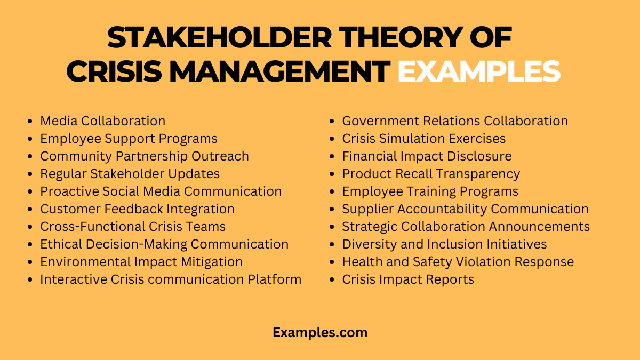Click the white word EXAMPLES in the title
[478, 71]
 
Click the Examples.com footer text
[320, 332]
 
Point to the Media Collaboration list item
[103, 121]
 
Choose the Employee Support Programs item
[129, 139]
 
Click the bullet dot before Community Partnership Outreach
[30, 157]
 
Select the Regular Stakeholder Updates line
[130, 174]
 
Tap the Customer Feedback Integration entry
[137, 209]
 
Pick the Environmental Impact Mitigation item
[141, 262]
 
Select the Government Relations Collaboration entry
[455, 121]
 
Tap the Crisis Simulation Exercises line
[424, 139]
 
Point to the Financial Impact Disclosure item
[427, 156]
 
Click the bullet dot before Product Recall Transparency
[332, 174]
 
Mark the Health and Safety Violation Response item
[458, 262]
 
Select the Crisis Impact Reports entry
[408, 279]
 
